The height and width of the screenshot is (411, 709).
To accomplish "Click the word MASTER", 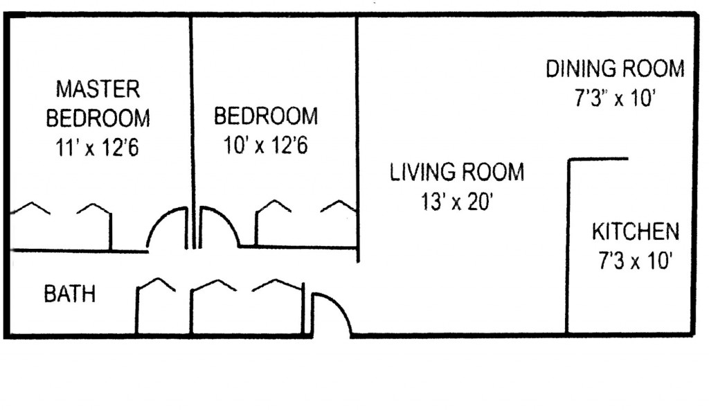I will coord(98,89).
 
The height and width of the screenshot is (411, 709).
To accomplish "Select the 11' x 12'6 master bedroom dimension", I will coord(98,147).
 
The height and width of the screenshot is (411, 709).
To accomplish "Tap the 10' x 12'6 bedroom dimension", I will coord(266,146).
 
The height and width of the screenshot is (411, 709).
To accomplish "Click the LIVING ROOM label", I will coord(457,172).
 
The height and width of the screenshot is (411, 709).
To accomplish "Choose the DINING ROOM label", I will coord(615,69).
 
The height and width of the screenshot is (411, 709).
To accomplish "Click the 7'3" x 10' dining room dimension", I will coord(615,98).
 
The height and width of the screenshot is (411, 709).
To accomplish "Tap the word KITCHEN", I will coord(635,231).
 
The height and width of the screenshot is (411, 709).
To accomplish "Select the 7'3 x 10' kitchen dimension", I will coord(635,261).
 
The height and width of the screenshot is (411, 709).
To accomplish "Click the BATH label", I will coord(69,295).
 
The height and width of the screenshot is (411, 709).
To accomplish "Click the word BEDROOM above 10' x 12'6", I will coord(266,116).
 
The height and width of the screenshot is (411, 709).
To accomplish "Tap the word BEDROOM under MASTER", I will coord(98,118).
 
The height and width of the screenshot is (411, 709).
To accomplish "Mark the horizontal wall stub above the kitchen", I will coord(598,160).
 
